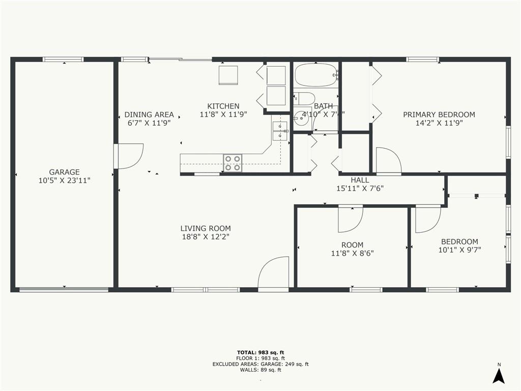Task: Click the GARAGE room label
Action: [64, 172]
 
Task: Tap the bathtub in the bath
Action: [315, 75]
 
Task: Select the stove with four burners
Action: [233, 163]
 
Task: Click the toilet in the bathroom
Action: [304, 98]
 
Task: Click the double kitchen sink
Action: [279, 131]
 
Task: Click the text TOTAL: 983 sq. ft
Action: [260, 352]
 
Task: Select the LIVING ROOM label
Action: [206, 229]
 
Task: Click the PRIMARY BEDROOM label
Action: [439, 115]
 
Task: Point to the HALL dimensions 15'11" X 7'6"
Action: [360, 188]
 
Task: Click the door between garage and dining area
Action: [129, 155]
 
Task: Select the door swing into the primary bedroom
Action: [388, 160]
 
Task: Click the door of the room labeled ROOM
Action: [351, 217]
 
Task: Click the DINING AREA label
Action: [149, 115]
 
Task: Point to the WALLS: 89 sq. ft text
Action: [260, 370]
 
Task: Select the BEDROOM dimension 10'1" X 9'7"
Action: [459, 250]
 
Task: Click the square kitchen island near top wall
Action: [228, 75]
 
